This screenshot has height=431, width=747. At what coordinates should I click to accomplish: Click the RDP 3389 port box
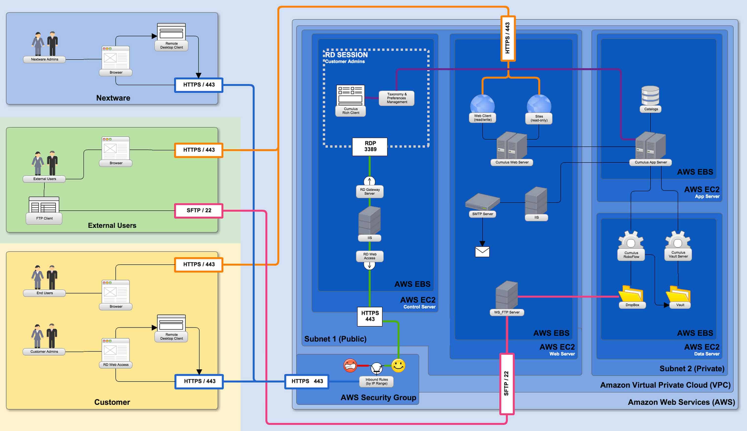[370, 147]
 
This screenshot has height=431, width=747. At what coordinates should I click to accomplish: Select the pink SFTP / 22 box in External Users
[199, 211]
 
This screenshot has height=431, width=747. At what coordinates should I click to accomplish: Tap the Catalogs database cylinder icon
[650, 95]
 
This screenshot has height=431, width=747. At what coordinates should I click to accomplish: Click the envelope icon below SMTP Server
[482, 252]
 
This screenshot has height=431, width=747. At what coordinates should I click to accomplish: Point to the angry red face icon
[350, 366]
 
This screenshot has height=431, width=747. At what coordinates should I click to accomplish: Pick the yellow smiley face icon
[398, 366]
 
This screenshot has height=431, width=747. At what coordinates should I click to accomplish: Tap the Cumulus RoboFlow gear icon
[631, 240]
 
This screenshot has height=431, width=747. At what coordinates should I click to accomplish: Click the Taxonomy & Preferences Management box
[397, 98]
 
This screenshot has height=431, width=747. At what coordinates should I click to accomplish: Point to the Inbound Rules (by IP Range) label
[376, 382]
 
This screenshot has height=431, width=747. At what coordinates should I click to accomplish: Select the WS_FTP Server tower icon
[507, 295]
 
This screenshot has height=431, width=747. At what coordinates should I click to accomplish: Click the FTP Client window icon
[44, 205]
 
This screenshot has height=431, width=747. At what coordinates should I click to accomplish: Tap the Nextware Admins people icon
[45, 43]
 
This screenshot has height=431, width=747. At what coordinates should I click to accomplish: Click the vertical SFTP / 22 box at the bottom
[507, 384]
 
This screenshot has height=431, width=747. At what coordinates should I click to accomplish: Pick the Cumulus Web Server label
[512, 162]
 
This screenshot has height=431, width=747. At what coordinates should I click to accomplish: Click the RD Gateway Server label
[370, 191]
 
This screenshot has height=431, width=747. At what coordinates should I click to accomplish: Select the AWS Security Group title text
[378, 397]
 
